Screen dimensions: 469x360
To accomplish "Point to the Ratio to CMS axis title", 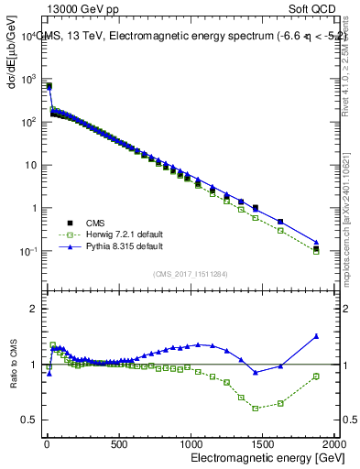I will (x=13, y=365).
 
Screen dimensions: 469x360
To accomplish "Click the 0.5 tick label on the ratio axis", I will (x=31, y=420).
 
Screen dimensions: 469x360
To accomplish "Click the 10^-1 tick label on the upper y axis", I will (x=29, y=251).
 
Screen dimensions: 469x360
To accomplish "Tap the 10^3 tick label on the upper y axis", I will (x=29, y=79).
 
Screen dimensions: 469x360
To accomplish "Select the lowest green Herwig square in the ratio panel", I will (x=256, y=409).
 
